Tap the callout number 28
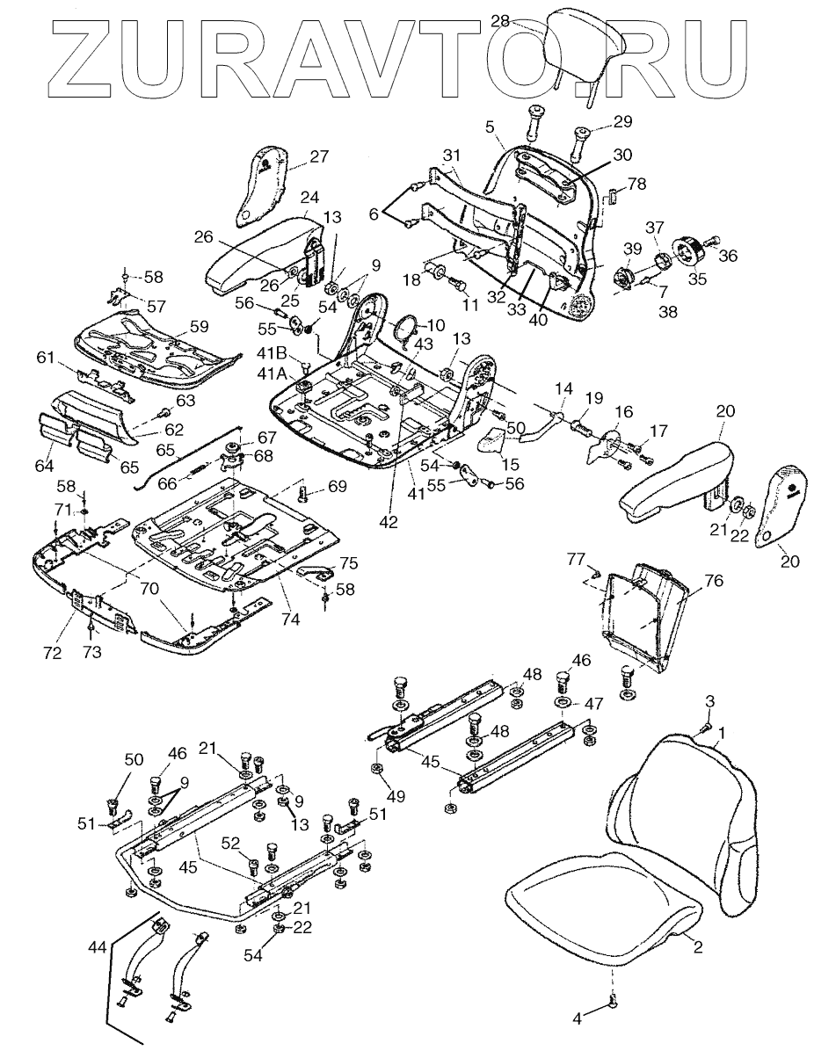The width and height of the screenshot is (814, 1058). click(x=500, y=21)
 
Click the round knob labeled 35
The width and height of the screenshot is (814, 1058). click(x=687, y=251)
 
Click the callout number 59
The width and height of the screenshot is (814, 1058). click(x=198, y=326)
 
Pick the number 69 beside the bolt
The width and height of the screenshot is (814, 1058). click(x=337, y=486)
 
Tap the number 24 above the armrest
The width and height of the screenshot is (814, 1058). click(x=309, y=197)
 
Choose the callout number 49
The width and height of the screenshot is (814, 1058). click(x=396, y=796)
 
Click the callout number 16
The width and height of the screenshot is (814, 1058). click(x=623, y=412)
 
